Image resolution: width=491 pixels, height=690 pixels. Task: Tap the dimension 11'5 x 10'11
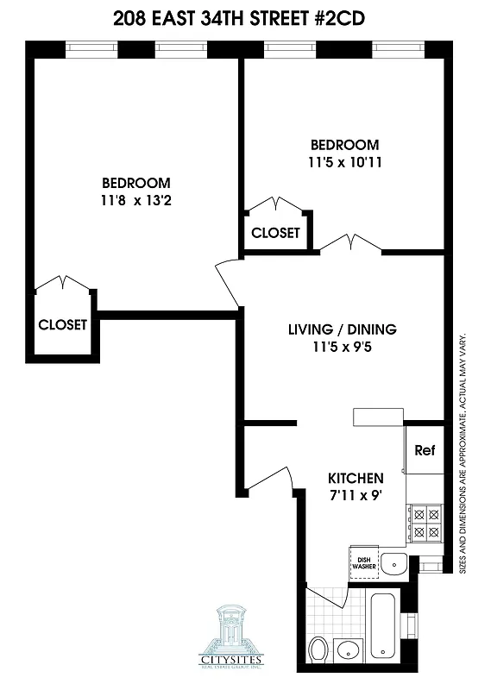344,161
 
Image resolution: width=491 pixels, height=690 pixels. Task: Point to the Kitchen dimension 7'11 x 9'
355,495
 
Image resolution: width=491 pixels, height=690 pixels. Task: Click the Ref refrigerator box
424,450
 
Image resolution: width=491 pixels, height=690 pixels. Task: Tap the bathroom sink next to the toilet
349,649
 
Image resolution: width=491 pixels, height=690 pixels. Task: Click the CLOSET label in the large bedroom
63,325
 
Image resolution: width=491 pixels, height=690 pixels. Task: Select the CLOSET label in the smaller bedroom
275,233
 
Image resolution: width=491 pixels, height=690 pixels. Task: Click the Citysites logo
230,634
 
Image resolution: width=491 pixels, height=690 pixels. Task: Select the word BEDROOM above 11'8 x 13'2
135,183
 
